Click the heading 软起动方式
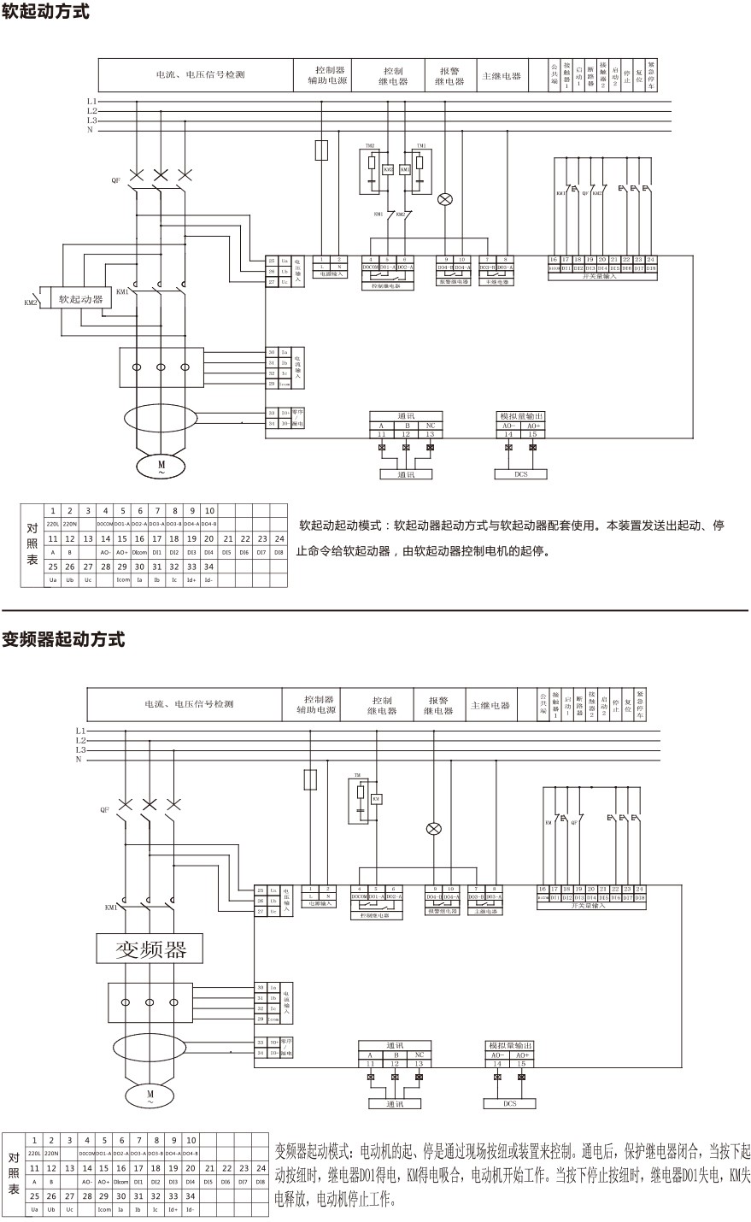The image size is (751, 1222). point(45,13)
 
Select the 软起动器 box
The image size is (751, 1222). point(80,299)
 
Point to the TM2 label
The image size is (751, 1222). point(371,146)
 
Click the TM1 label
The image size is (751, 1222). point(420,146)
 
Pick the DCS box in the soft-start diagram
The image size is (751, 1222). point(520,473)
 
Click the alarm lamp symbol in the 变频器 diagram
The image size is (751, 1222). point(434,828)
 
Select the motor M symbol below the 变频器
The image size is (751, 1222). point(150,1095)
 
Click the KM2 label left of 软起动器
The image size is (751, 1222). point(30,303)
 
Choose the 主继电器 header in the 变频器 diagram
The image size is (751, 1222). point(490,706)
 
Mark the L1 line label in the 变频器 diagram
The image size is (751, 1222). point(80,731)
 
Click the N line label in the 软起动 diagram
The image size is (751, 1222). point(90,130)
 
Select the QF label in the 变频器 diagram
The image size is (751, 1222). point(104,808)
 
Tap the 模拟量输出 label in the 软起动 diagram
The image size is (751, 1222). point(521,416)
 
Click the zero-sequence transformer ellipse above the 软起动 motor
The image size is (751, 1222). point(161,419)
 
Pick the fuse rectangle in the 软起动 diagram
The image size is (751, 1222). point(322,150)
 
